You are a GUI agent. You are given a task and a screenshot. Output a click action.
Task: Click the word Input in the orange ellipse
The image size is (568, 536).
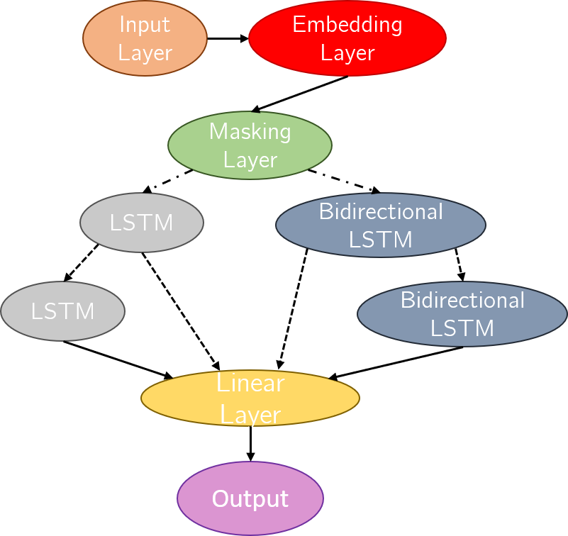[145, 25]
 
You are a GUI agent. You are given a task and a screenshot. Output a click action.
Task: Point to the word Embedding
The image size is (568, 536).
[347, 25]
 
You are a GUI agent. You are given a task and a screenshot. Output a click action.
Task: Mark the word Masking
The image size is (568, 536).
[250, 131]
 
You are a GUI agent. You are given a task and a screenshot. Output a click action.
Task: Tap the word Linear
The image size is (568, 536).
[250, 384]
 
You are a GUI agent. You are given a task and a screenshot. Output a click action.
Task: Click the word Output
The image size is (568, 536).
[250, 499]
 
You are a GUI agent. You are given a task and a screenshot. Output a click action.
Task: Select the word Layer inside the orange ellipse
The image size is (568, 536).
[145, 53]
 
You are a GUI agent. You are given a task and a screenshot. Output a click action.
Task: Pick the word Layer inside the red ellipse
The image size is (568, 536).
[347, 53]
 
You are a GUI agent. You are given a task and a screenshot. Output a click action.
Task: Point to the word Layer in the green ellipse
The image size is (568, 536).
[250, 160]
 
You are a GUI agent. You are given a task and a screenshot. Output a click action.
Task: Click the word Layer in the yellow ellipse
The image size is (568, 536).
[250, 415]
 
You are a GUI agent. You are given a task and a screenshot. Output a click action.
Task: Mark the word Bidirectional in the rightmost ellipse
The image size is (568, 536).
[462, 300]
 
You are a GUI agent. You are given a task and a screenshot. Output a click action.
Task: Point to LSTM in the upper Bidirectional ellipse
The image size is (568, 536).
[380, 240]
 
